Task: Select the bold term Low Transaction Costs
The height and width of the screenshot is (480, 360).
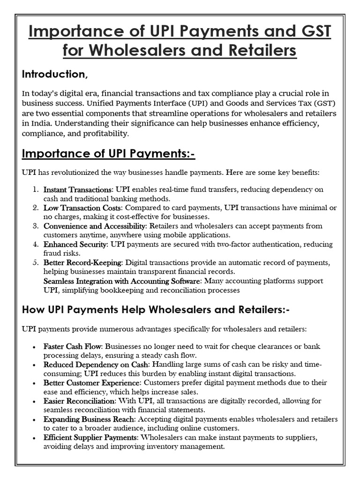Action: click(82, 208)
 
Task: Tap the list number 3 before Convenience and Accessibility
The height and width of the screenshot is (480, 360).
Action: click(36, 226)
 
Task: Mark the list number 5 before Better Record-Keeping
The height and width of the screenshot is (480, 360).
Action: click(36, 262)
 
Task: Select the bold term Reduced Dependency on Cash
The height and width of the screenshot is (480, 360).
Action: click(96, 365)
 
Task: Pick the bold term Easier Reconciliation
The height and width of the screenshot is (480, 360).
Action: click(79, 401)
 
